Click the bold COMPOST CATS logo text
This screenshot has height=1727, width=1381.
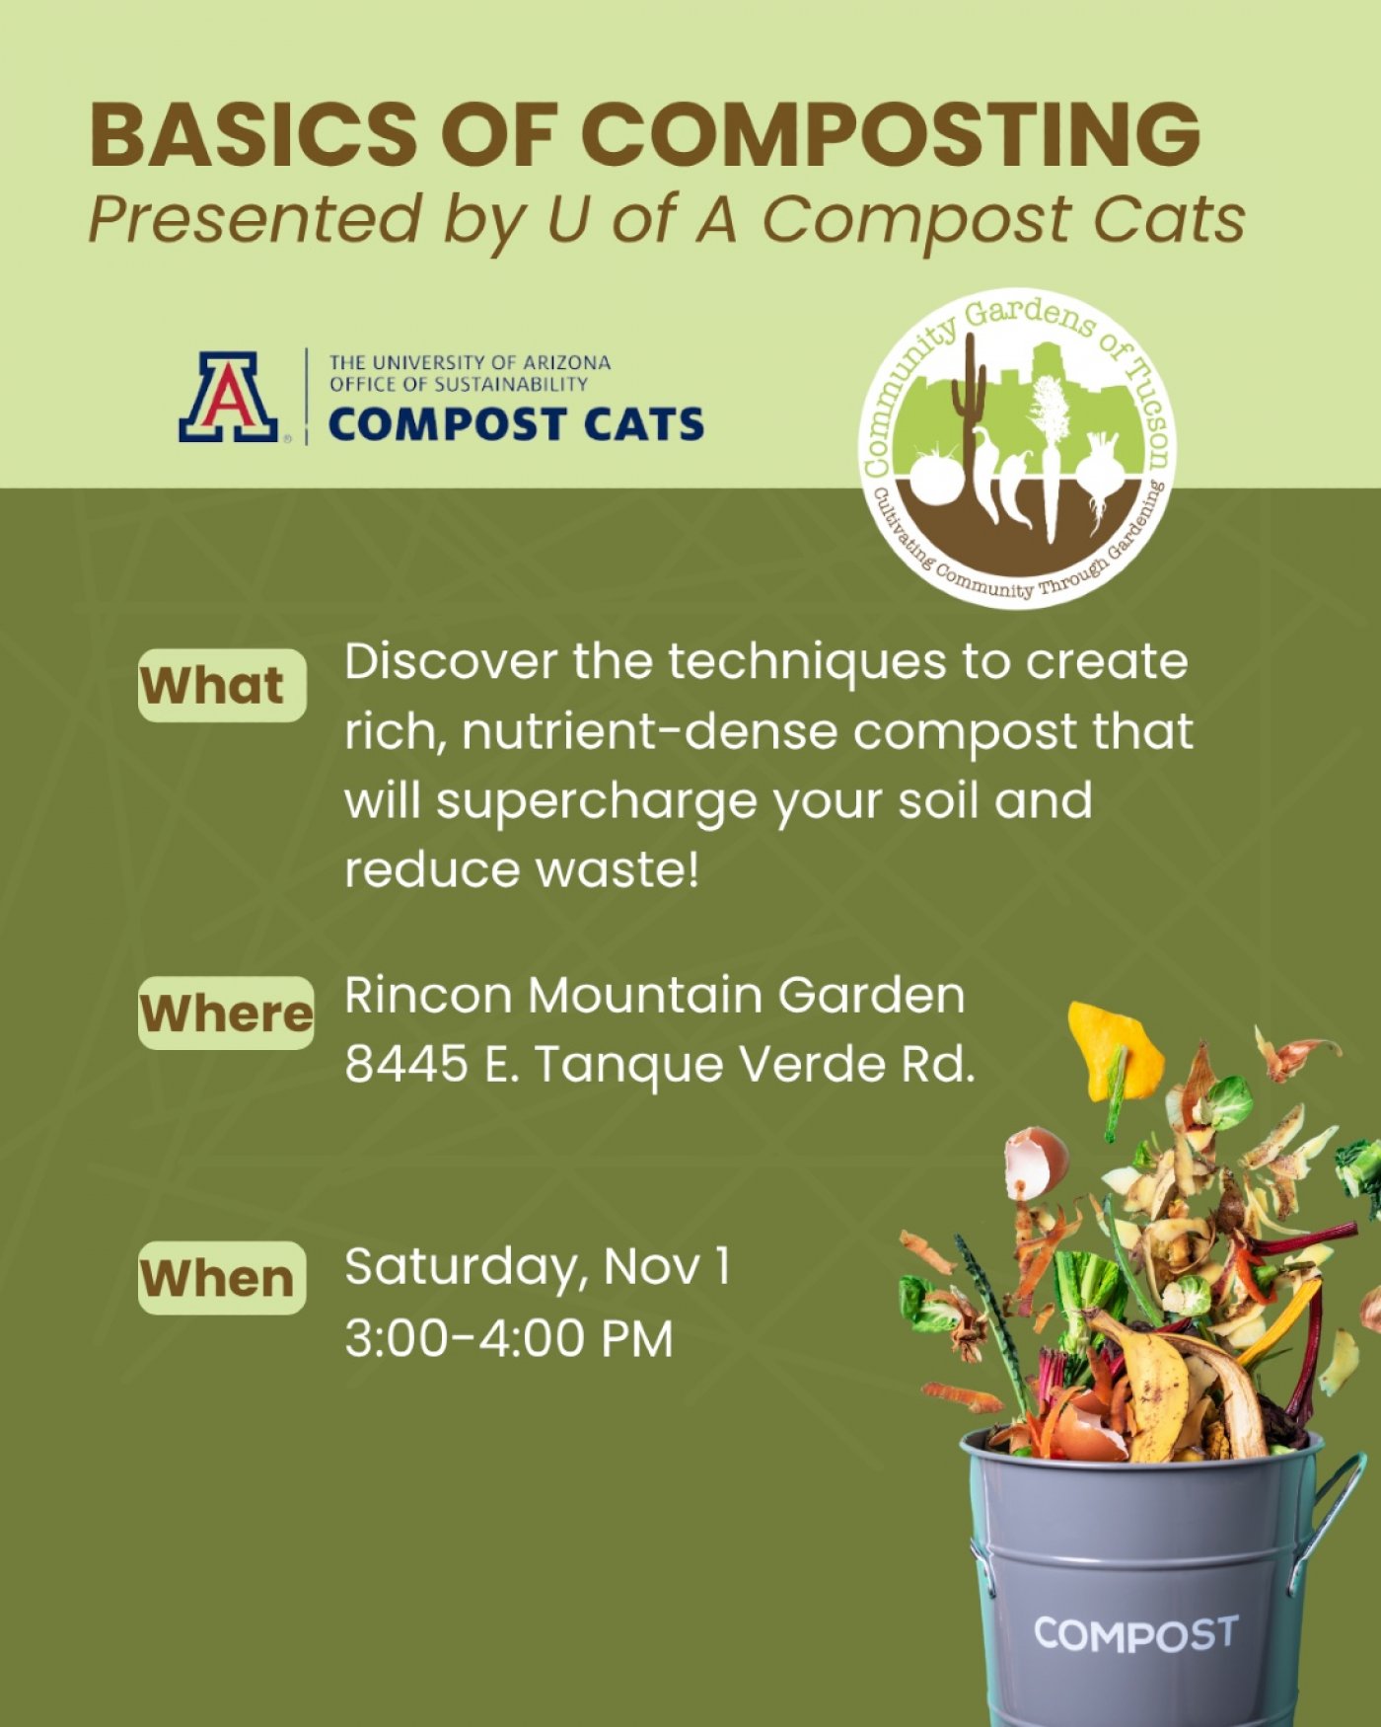pos(516,424)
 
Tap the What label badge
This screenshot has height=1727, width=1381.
pos(221,685)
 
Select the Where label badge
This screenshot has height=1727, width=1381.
pos(226,1013)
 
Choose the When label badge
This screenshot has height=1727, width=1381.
pos(221,1278)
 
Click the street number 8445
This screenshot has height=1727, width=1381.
pos(406,1064)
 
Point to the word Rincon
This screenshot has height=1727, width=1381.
pos(429,995)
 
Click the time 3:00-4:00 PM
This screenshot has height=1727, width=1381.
pos(508,1338)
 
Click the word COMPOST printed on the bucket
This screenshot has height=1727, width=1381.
pos(1134,1635)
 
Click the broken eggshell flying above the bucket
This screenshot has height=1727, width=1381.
pos(1036,1163)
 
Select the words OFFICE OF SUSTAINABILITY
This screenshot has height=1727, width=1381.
pos(459,384)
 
